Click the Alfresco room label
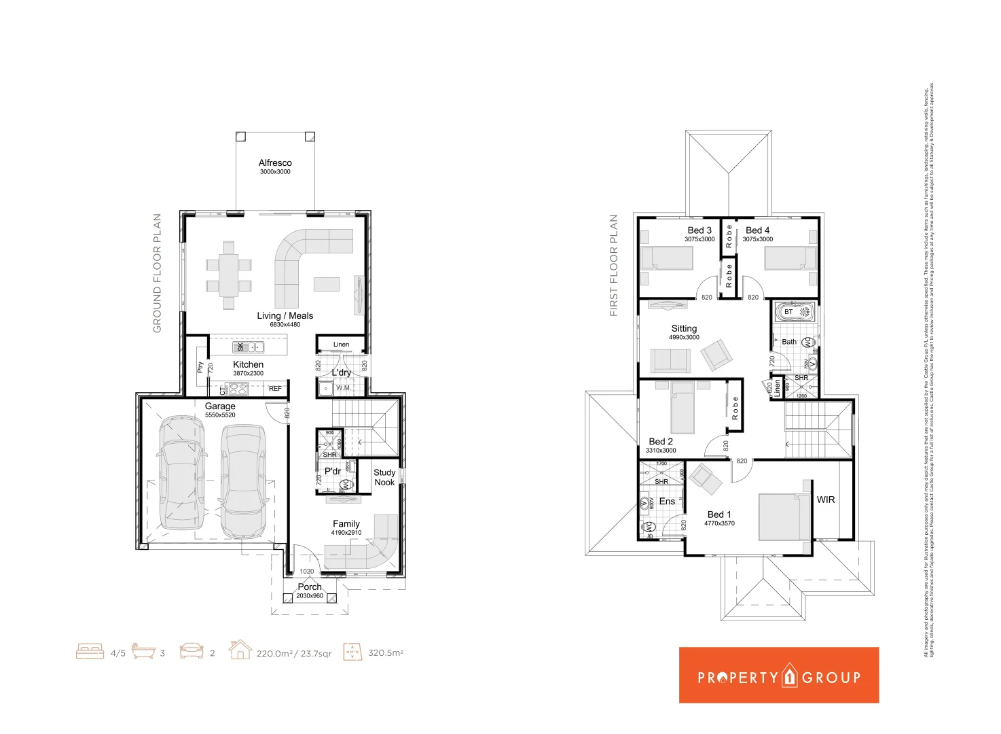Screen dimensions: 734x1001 click(x=275, y=163)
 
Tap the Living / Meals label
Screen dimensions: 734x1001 click(x=285, y=316)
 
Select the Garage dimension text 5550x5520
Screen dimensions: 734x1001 click(x=220, y=415)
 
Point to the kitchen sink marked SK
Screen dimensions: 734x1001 click(x=248, y=347)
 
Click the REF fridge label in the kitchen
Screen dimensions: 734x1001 click(x=275, y=389)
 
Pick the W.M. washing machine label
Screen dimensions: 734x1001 click(x=344, y=388)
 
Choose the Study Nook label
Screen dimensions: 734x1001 click(x=384, y=477)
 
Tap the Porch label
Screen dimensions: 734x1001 click(x=310, y=587)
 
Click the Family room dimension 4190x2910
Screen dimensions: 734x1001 click(x=346, y=533)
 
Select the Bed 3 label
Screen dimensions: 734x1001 click(x=699, y=230)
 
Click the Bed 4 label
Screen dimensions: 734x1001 click(x=757, y=230)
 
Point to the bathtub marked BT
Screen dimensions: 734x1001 click(x=795, y=312)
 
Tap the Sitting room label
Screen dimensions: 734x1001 click(x=684, y=328)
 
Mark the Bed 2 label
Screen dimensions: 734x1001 click(x=661, y=442)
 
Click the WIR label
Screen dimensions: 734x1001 click(x=826, y=500)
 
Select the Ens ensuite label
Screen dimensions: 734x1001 click(x=667, y=502)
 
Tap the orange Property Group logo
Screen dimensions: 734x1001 click(x=779, y=675)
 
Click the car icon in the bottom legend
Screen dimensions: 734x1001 click(x=192, y=651)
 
